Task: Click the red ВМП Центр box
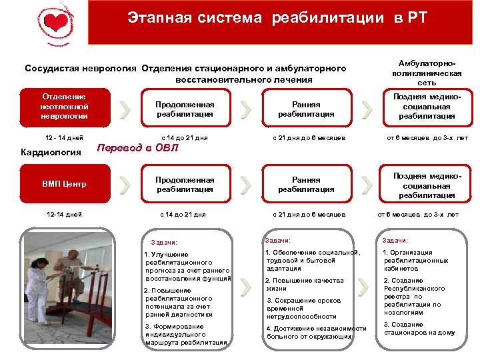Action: click(x=63, y=184)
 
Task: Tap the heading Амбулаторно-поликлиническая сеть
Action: click(x=427, y=70)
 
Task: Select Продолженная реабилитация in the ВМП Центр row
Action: click(x=185, y=185)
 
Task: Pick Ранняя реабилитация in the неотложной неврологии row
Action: click(x=306, y=109)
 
